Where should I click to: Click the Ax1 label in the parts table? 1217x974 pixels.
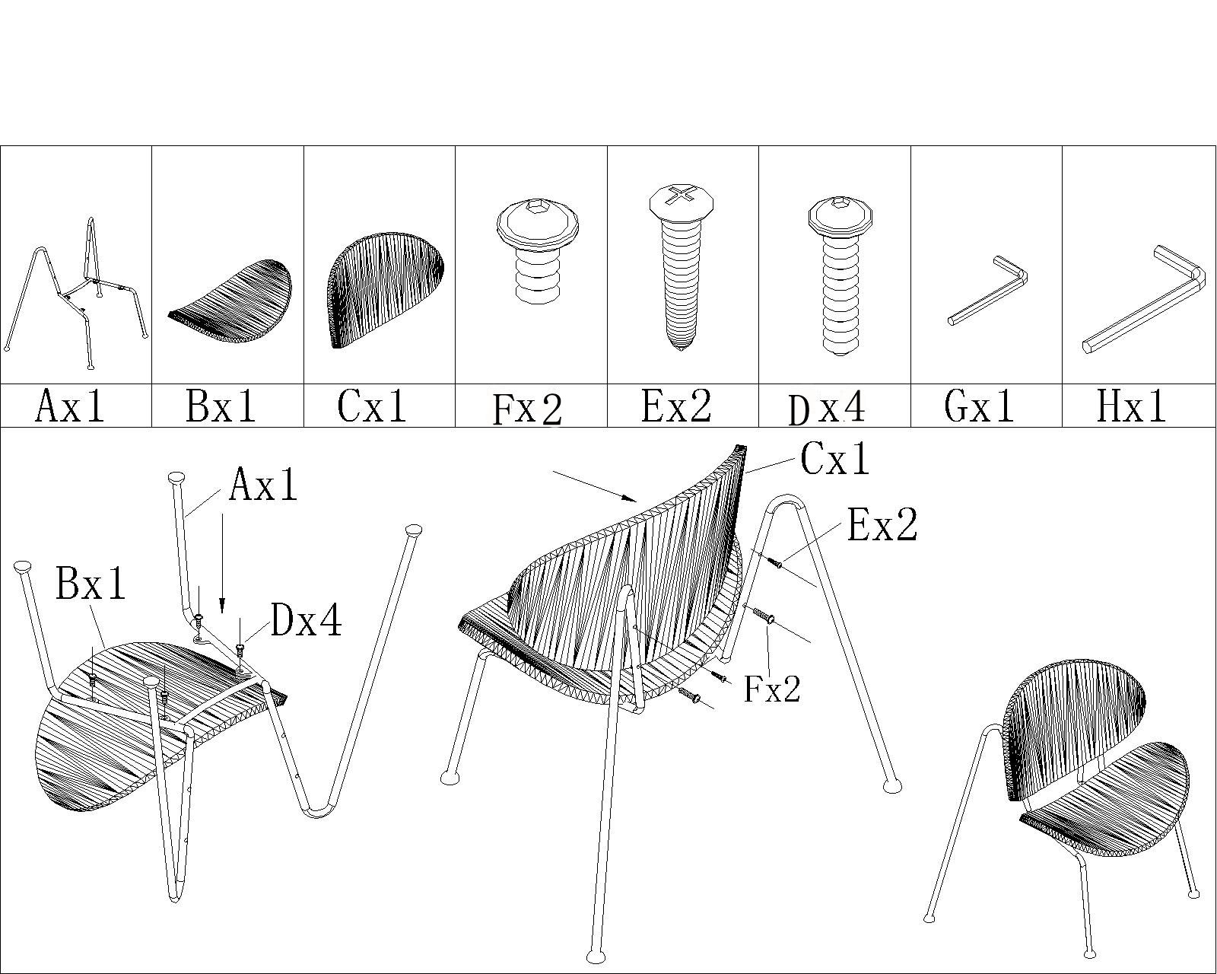[70, 406]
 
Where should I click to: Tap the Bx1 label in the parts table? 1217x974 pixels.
[221, 406]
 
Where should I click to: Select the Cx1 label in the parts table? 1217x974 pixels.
[373, 406]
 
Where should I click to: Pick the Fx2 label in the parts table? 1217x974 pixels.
[527, 409]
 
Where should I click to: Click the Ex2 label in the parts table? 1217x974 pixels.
[677, 406]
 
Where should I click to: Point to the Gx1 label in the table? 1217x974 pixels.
[980, 406]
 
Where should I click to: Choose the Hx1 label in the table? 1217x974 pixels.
[1131, 406]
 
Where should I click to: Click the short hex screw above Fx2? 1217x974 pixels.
[538, 250]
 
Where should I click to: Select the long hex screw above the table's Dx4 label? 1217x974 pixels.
[839, 277]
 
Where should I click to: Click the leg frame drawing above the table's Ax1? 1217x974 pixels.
[76, 294]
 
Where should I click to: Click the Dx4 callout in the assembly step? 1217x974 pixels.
[307, 620]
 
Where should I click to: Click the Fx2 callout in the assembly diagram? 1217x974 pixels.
[772, 689]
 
